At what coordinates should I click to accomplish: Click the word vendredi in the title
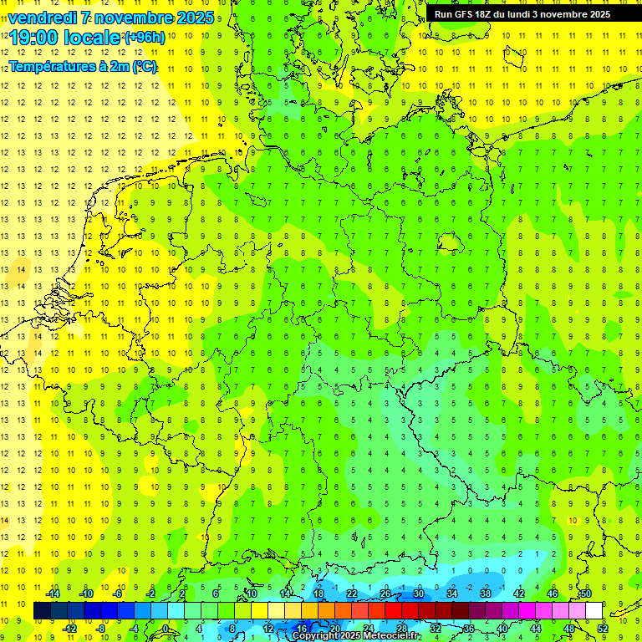click(x=47, y=18)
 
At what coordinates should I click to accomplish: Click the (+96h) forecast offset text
click(x=145, y=38)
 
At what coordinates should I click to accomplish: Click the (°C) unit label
click(x=145, y=67)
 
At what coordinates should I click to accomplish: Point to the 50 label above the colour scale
click(x=586, y=594)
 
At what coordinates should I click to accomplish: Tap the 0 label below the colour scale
click(x=166, y=629)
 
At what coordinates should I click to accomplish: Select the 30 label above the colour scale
click(x=418, y=594)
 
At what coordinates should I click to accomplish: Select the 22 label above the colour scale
click(x=352, y=594)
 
